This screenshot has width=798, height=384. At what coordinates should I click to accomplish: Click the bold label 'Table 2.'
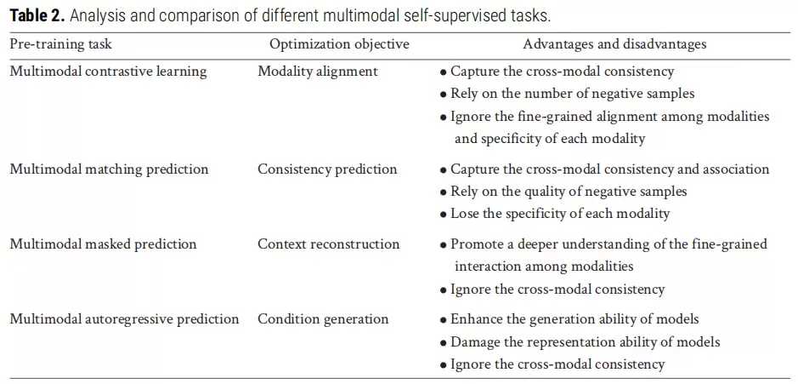point(37,16)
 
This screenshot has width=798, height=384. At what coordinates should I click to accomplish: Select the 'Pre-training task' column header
point(60,44)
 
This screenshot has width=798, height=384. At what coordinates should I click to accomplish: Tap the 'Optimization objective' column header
point(339,44)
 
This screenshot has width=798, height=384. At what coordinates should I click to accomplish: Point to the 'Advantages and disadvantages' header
point(614,44)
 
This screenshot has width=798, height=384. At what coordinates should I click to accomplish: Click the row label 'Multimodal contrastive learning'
point(109,72)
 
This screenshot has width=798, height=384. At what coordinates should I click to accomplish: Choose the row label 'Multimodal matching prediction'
point(109,169)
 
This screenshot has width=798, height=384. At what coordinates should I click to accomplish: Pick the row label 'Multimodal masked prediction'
point(104,244)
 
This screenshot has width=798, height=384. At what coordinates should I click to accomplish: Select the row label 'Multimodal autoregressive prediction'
point(124,319)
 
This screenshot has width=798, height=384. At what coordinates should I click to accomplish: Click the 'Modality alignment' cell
point(318,72)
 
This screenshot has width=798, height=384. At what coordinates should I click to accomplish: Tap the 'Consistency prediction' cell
point(327,169)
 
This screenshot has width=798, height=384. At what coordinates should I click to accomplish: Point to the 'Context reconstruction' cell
point(328,244)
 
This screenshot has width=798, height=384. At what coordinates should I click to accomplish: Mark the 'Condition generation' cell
point(323,319)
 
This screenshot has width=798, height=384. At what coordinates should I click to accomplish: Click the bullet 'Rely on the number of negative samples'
point(567,94)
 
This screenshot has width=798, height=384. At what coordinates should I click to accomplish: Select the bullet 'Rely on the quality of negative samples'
point(563,192)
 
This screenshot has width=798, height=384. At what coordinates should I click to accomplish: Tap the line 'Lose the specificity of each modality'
point(555,215)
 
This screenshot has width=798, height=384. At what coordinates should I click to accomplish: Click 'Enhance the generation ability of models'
point(569,319)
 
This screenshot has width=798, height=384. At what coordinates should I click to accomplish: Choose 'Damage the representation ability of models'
point(580,341)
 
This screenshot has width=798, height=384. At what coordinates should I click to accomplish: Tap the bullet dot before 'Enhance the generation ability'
point(444,320)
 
